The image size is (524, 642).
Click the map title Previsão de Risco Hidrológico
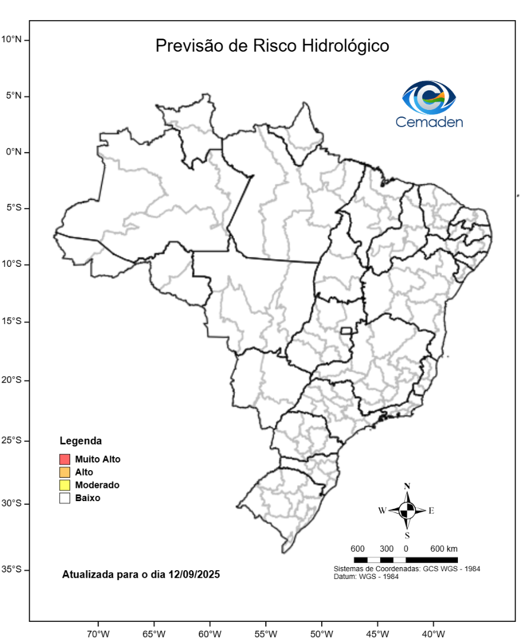pyautogui.click(x=272, y=46)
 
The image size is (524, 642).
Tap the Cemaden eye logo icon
pyautogui.click(x=429, y=97)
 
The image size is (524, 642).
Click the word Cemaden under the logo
pyautogui.click(x=429, y=122)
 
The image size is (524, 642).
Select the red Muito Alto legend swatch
pyautogui.click(x=65, y=459)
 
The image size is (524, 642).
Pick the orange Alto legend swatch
pyautogui.click(x=65, y=472)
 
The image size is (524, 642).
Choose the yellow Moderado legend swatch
pyautogui.click(x=65, y=485)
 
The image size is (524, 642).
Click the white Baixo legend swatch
pyautogui.click(x=65, y=498)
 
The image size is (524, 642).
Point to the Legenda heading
pyautogui.click(x=80, y=441)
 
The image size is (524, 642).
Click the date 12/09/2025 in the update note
pyautogui.click(x=194, y=575)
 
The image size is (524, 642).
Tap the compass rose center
pyautogui.click(x=407, y=510)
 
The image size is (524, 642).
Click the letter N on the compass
pyautogui.click(x=407, y=486)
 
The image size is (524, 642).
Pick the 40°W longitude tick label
pyautogui.click(x=432, y=633)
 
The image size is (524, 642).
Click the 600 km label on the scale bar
pyautogui.click(x=444, y=548)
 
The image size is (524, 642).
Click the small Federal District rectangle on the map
pyautogui.click(x=346, y=331)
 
